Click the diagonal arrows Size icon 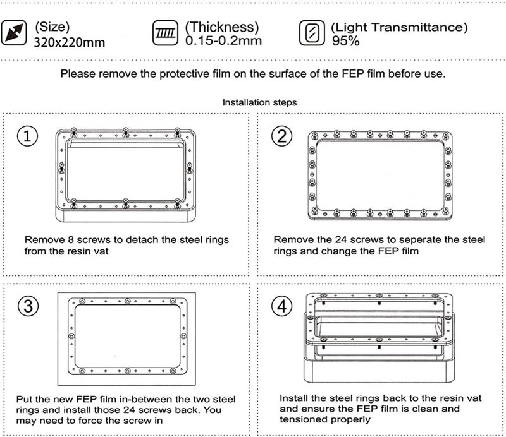pyautogui.click(x=14, y=33)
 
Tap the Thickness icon pyautogui.click(x=165, y=33)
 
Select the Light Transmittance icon pyautogui.click(x=312, y=33)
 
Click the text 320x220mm pyautogui.click(x=70, y=42)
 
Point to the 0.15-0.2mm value pyautogui.click(x=223, y=40)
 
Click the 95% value pyautogui.click(x=345, y=41)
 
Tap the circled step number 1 pyautogui.click(x=27, y=136)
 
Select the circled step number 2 pyautogui.click(x=281, y=136)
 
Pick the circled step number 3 pyautogui.click(x=28, y=306)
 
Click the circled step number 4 pyautogui.click(x=281, y=306)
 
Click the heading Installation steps pyautogui.click(x=260, y=102)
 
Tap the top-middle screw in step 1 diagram pyautogui.click(x=125, y=132)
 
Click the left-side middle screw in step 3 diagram pyautogui.click(x=71, y=336)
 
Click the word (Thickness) pyautogui.click(x=222, y=27)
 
